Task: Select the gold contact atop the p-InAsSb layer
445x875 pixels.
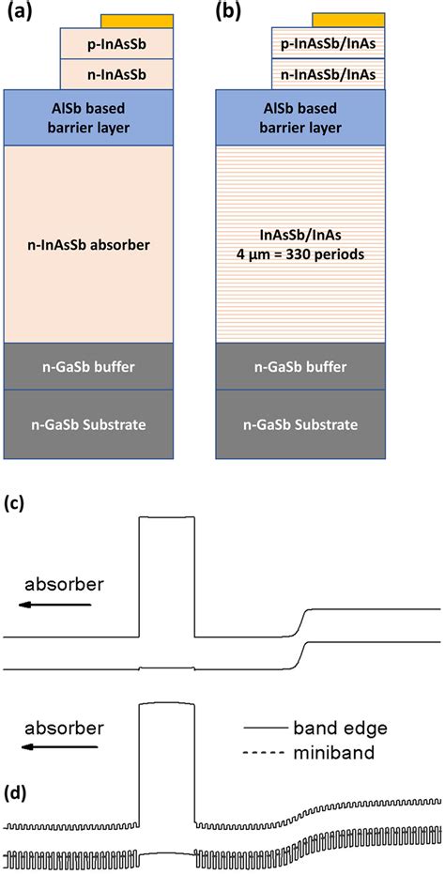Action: pos(136,21)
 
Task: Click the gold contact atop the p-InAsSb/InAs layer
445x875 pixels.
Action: pos(347,21)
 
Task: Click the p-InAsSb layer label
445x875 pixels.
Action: pos(116,43)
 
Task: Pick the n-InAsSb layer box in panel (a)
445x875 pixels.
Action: pos(116,73)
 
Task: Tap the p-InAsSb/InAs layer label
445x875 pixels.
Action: pos(328,43)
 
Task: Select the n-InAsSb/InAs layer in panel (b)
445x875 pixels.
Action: pos(328,73)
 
